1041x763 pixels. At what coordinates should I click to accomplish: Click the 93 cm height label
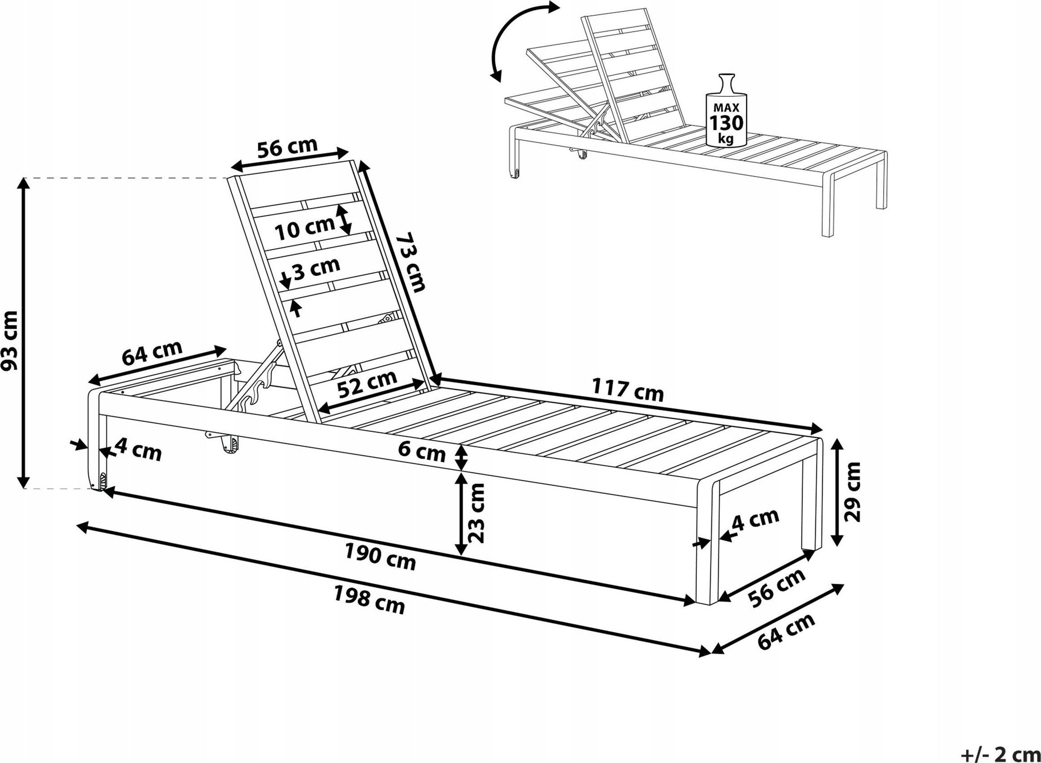coord(10,341)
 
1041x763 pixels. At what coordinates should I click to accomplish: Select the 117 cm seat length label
coord(628,389)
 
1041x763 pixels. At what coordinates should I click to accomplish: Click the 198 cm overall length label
coord(369,599)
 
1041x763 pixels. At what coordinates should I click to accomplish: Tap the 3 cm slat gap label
coord(317,268)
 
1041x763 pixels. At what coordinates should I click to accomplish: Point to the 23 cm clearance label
coord(476,513)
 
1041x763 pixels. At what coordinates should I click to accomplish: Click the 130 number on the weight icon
coord(726,123)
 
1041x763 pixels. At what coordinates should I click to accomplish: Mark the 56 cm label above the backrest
coord(287,148)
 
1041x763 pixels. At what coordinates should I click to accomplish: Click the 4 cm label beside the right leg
coord(755,520)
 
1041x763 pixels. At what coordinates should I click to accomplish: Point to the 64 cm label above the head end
coord(152,352)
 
